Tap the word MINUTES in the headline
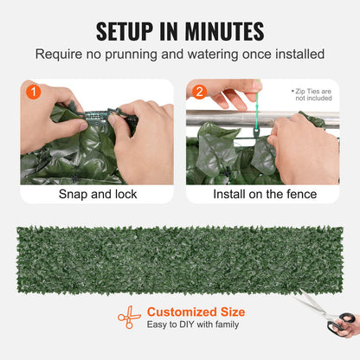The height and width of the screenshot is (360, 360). click(222, 32)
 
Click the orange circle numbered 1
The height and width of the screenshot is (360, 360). click(33, 91)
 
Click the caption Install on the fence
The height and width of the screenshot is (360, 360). click(265, 194)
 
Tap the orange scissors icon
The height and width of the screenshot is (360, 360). click(129, 318)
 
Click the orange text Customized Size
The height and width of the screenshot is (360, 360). click(196, 312)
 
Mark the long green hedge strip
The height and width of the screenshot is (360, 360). click(179, 258)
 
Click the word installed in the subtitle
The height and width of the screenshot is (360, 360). click(299, 55)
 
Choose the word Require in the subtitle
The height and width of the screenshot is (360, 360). click(60, 55)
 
